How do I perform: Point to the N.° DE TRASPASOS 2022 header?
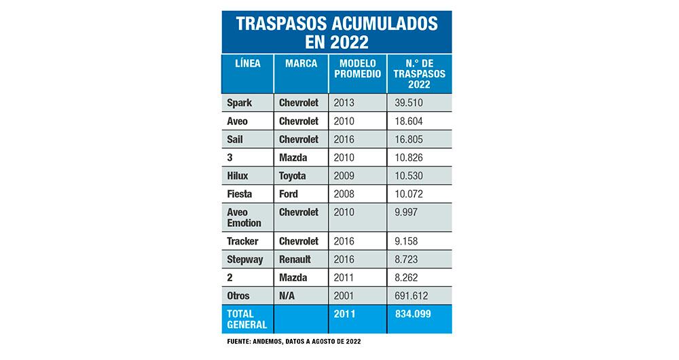pyautogui.click(x=418, y=73)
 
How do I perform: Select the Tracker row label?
pyautogui.click(x=243, y=242)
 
